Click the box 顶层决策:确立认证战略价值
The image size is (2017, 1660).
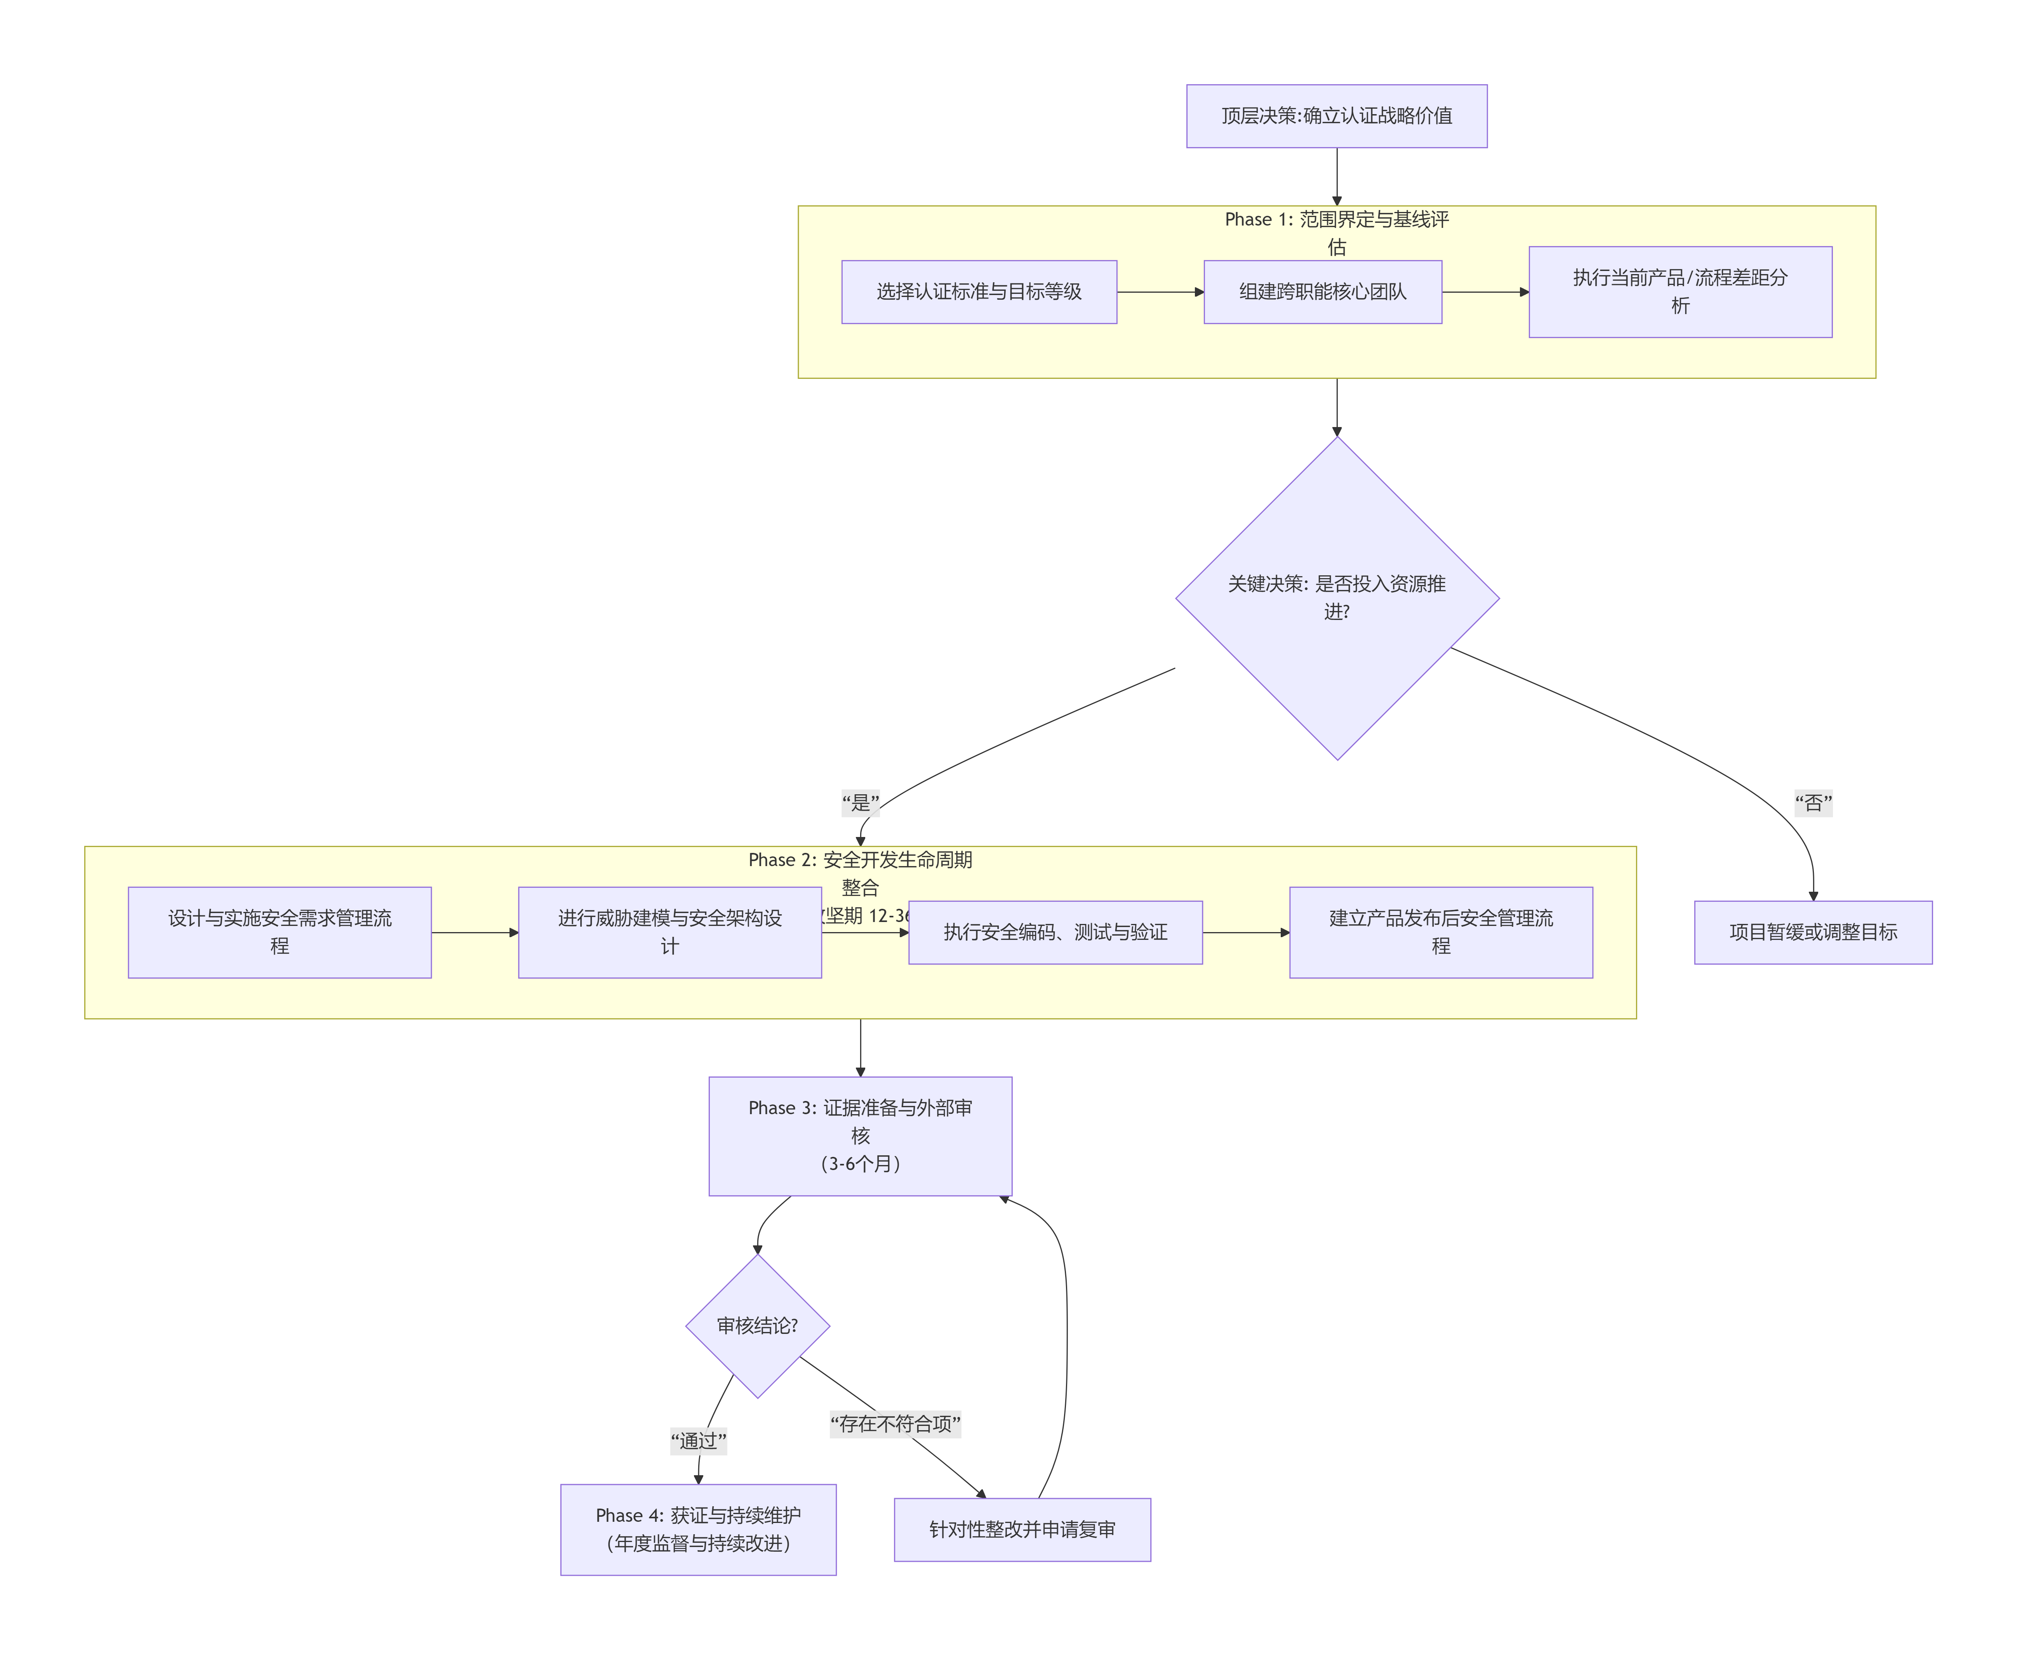pyautogui.click(x=1336, y=116)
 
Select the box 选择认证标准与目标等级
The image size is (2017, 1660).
pyautogui.click(x=978, y=292)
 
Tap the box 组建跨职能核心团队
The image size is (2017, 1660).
pyautogui.click(x=1322, y=292)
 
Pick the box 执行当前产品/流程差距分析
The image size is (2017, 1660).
pyautogui.click(x=1680, y=292)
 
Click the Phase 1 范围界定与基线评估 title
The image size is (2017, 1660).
pyautogui.click(x=1336, y=233)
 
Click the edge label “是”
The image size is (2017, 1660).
pyautogui.click(x=860, y=802)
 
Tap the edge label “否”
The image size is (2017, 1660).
pyautogui.click(x=1812, y=802)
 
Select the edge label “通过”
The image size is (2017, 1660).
pyautogui.click(x=698, y=1440)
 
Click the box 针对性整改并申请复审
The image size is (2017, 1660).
pyautogui.click(x=1021, y=1529)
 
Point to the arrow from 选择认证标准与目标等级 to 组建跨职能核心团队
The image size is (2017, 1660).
pyautogui.click(x=1159, y=292)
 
